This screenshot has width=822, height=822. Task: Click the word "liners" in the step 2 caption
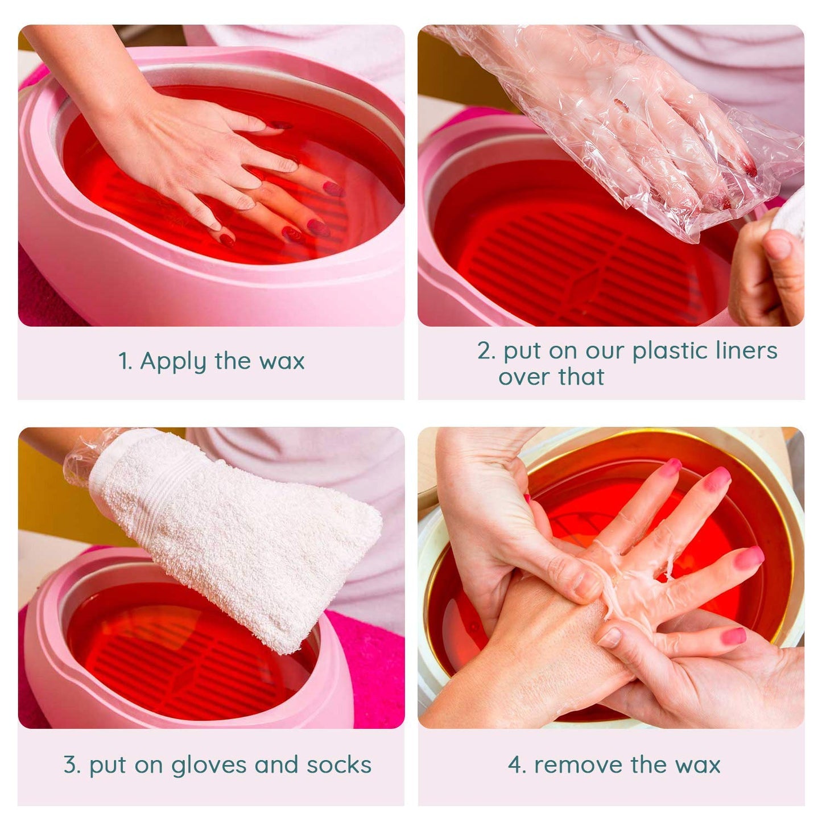(x=746, y=350)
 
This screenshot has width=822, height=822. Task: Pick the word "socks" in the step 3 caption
(x=339, y=765)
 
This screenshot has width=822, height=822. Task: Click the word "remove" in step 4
(x=579, y=765)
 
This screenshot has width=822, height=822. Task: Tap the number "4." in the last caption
(x=517, y=765)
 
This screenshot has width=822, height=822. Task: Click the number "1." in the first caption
(x=125, y=362)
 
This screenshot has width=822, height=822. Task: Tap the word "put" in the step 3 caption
(x=108, y=766)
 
